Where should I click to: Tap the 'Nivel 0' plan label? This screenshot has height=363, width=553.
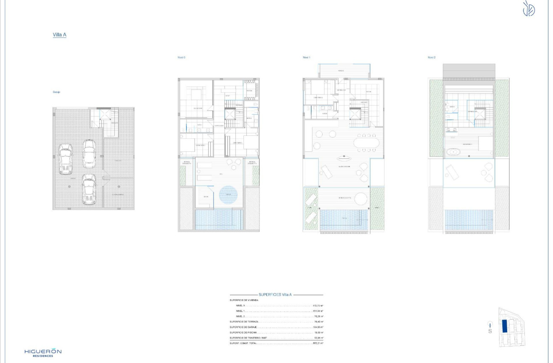[181, 57]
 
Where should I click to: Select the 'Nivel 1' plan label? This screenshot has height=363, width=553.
[306, 57]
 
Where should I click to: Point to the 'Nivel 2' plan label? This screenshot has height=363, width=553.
[431, 57]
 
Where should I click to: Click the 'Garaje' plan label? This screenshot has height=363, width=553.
[56, 92]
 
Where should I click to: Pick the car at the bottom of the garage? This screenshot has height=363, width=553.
[89, 189]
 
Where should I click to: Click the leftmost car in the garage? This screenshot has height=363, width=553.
[66, 159]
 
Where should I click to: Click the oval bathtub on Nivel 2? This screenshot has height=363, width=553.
[454, 151]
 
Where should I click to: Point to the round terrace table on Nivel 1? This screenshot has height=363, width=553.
[360, 198]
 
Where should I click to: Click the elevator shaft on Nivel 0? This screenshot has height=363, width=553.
[230, 114]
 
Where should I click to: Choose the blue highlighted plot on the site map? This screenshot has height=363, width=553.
[505, 326]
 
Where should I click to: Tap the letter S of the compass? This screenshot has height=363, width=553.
[490, 331]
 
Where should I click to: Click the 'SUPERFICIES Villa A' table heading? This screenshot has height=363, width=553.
[275, 295]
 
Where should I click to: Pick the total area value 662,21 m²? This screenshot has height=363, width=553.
[318, 343]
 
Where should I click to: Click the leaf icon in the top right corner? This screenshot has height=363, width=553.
[529, 9]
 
